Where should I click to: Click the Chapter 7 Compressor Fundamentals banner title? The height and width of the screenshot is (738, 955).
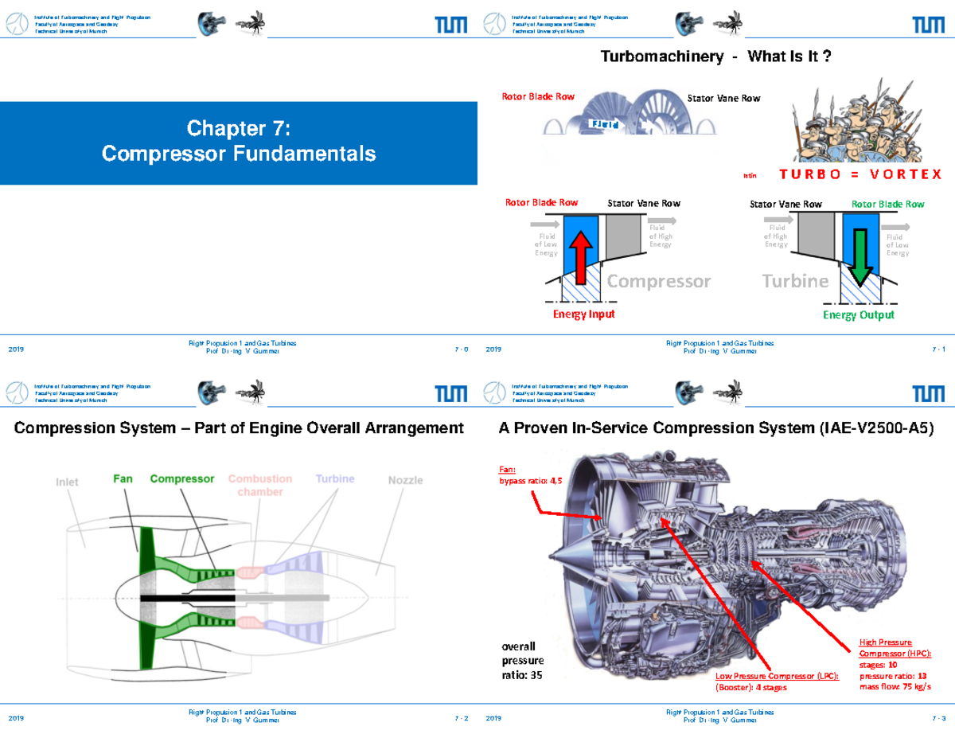point(239,141)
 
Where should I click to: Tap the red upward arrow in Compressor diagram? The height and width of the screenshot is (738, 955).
point(580,254)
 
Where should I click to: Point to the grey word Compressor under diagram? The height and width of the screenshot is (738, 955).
point(659,281)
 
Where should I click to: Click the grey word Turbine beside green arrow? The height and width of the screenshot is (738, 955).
point(795,281)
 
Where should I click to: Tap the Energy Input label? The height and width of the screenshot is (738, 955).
point(584,314)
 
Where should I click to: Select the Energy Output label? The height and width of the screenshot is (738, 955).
point(858,315)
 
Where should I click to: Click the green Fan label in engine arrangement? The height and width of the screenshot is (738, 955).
point(123,479)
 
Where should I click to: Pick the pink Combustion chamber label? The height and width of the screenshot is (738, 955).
point(260,486)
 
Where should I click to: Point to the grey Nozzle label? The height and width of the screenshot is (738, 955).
point(405,480)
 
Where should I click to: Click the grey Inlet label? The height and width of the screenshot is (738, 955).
point(68,482)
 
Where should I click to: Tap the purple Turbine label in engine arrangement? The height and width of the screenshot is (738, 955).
point(334,479)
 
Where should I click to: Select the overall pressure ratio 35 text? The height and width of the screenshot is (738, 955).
point(522,660)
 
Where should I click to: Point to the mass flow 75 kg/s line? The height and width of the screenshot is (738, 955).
point(895,686)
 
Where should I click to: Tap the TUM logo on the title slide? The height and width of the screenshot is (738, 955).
point(450,25)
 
